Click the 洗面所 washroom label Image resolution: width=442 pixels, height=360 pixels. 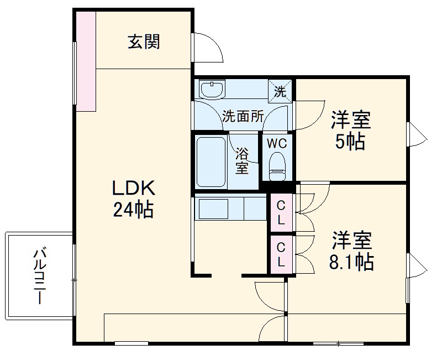pyautogui.click(x=243, y=116)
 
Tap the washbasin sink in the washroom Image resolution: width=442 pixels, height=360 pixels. pyautogui.click(x=213, y=89)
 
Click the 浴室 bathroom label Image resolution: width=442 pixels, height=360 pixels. pyautogui.click(x=242, y=160)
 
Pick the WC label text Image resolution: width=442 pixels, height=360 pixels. pyautogui.click(x=277, y=143)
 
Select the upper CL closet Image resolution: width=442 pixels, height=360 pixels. pyautogui.click(x=281, y=212)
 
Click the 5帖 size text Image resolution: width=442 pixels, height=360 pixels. pyautogui.click(x=351, y=142)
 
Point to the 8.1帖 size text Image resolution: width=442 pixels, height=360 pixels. pyautogui.click(x=351, y=262)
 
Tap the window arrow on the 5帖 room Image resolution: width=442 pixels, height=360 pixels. pyautogui.click(x=416, y=134)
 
